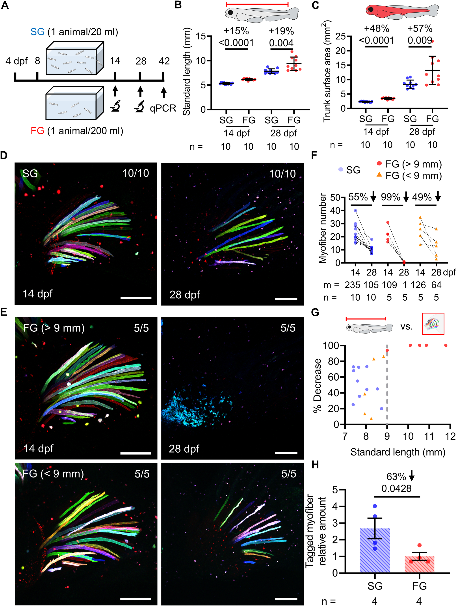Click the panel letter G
[x=315, y=312]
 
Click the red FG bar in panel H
[x=419, y=564]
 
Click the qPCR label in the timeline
[x=163, y=108]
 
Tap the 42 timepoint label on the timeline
[x=164, y=61]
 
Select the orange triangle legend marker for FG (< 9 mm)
[x=379, y=174]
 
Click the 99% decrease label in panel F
[x=390, y=197]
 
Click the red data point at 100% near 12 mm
[x=446, y=345]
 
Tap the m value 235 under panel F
[x=352, y=285]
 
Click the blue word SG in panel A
[x=37, y=32]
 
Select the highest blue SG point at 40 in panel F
[x=355, y=210]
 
